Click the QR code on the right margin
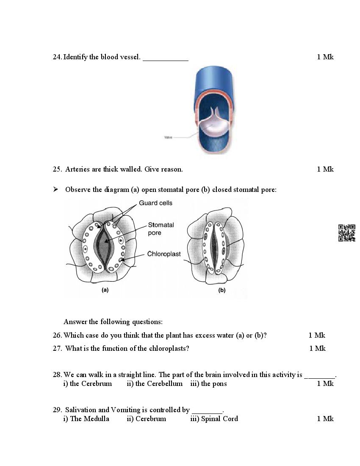(346, 233)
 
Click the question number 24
(57, 57)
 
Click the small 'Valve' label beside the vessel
(168, 137)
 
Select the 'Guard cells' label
(155, 203)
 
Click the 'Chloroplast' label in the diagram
(164, 254)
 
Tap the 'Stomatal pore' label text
(161, 229)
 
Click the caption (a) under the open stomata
(105, 290)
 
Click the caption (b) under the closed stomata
(222, 290)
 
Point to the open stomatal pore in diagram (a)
(104, 246)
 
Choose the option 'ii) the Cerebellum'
(155, 384)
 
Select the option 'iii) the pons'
(208, 384)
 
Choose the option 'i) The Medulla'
(86, 419)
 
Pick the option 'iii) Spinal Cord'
(214, 419)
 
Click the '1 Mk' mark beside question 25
(325, 169)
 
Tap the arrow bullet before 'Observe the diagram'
(55, 189)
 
